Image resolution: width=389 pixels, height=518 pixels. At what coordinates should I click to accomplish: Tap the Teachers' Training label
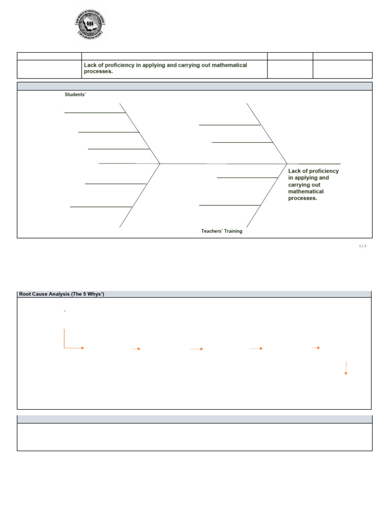[x=221, y=231]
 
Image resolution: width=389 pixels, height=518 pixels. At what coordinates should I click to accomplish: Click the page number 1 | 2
[x=362, y=246]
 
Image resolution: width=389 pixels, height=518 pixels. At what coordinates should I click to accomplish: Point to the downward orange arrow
[x=346, y=368]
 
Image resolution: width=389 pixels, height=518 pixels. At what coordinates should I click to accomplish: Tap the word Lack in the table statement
[x=90, y=65]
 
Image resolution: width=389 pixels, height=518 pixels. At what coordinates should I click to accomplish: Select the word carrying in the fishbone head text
[x=299, y=185]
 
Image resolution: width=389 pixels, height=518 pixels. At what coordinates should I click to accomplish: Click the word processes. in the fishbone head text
[x=302, y=198]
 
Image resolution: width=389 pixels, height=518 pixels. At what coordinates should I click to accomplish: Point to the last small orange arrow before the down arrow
[x=316, y=348]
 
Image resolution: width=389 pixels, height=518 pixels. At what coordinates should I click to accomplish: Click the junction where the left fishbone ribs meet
[x=160, y=164]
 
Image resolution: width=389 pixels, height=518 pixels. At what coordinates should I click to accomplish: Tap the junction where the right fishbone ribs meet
[x=287, y=164]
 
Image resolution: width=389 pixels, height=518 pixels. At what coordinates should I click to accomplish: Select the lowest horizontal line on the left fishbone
[x=101, y=207]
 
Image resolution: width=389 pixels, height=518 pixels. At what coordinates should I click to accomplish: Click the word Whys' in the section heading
[x=95, y=294]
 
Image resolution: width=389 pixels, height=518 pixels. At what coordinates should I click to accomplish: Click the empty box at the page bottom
[x=194, y=437]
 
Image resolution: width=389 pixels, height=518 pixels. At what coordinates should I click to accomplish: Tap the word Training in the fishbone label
[x=232, y=231]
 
